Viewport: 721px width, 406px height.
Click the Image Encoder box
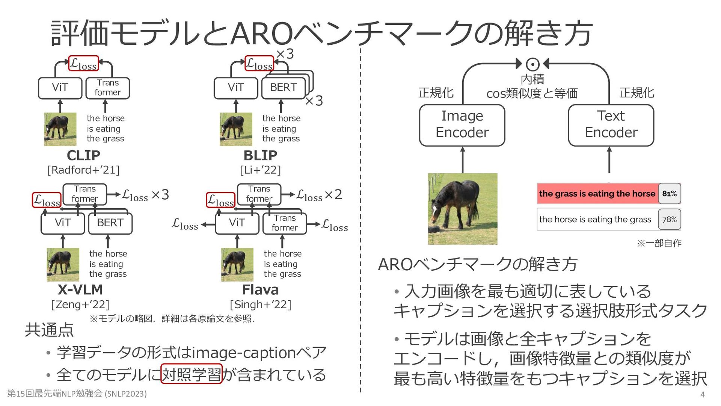[x=462, y=125]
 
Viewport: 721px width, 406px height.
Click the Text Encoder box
[x=611, y=125]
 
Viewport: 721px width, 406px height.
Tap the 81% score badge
[x=669, y=194]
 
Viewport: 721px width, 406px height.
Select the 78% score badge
[x=669, y=219]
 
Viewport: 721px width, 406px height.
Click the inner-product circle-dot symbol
[x=532, y=64]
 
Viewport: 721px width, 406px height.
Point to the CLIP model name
[x=83, y=155]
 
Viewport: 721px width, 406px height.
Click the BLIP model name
[x=260, y=155]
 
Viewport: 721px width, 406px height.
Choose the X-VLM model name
[x=80, y=289]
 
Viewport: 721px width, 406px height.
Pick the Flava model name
[x=260, y=289]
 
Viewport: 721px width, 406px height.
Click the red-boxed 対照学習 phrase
[x=192, y=374]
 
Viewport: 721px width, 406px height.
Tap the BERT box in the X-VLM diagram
[x=110, y=223]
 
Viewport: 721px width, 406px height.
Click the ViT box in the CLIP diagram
[x=60, y=88]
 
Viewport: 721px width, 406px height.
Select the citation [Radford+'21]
[x=83, y=170]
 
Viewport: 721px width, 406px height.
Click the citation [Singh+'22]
[x=260, y=304]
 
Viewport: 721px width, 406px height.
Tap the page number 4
[x=702, y=394]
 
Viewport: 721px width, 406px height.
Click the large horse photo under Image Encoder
[x=462, y=209]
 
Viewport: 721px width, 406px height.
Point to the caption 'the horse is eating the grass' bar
[x=595, y=219]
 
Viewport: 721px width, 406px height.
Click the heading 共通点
[x=49, y=330]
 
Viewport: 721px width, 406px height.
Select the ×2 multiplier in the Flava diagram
[x=333, y=194]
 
